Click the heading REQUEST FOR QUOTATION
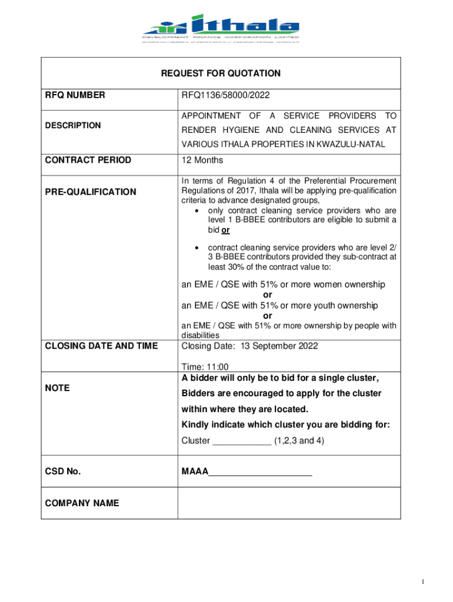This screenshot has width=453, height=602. pyautogui.click(x=221, y=73)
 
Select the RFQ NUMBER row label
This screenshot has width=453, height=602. pyautogui.click(x=75, y=95)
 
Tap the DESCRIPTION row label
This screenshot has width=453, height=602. pyautogui.click(x=73, y=125)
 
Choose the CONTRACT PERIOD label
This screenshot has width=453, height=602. pyautogui.click(x=88, y=160)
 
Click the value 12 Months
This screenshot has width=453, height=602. pyautogui.click(x=202, y=160)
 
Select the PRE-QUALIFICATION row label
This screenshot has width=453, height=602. pyautogui.click(x=91, y=192)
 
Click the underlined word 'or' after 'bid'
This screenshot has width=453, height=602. pyautogui.click(x=225, y=230)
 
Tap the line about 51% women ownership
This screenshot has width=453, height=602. pyautogui.click(x=283, y=285)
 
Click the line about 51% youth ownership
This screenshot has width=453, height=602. pyautogui.click(x=279, y=305)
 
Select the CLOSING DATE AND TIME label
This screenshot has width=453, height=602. pyautogui.click(x=101, y=346)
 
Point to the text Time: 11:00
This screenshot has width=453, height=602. pyautogui.click(x=205, y=366)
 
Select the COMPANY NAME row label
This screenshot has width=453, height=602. pyautogui.click(x=82, y=503)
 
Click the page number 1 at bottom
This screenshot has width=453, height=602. pyautogui.click(x=422, y=581)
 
